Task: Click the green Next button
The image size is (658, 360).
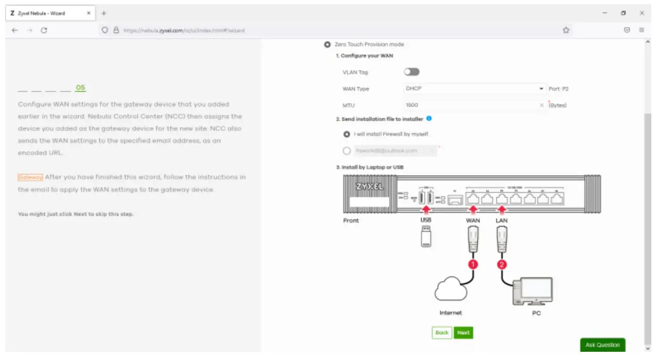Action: (x=463, y=333)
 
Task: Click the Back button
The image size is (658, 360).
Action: (x=442, y=333)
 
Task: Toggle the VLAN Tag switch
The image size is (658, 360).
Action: (x=412, y=72)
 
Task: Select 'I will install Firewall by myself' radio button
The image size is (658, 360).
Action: (x=347, y=134)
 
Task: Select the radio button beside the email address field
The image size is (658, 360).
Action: (x=347, y=151)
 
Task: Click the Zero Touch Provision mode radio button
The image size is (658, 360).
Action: (x=327, y=45)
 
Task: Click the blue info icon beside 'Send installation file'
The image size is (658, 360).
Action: (x=429, y=118)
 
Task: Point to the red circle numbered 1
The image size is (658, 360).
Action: (x=473, y=264)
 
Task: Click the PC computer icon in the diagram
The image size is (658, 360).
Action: (x=535, y=291)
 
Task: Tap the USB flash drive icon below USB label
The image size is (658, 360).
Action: (x=426, y=236)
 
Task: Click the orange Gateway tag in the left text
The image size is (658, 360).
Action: (x=30, y=177)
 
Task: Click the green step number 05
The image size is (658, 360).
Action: (x=80, y=88)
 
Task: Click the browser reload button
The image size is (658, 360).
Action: (x=44, y=30)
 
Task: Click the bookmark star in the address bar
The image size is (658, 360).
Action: (x=566, y=30)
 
